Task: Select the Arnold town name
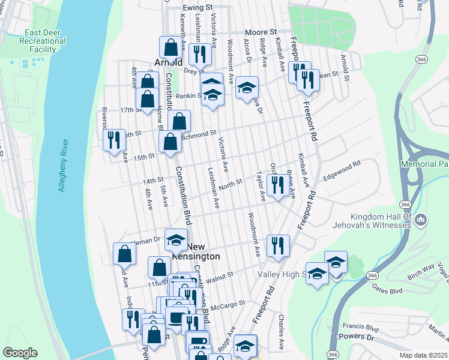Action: tap(168, 62)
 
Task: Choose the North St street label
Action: tap(230, 182)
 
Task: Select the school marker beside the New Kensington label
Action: tap(176, 240)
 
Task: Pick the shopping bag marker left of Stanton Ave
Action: tap(124, 254)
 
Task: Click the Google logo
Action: tap(20, 353)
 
